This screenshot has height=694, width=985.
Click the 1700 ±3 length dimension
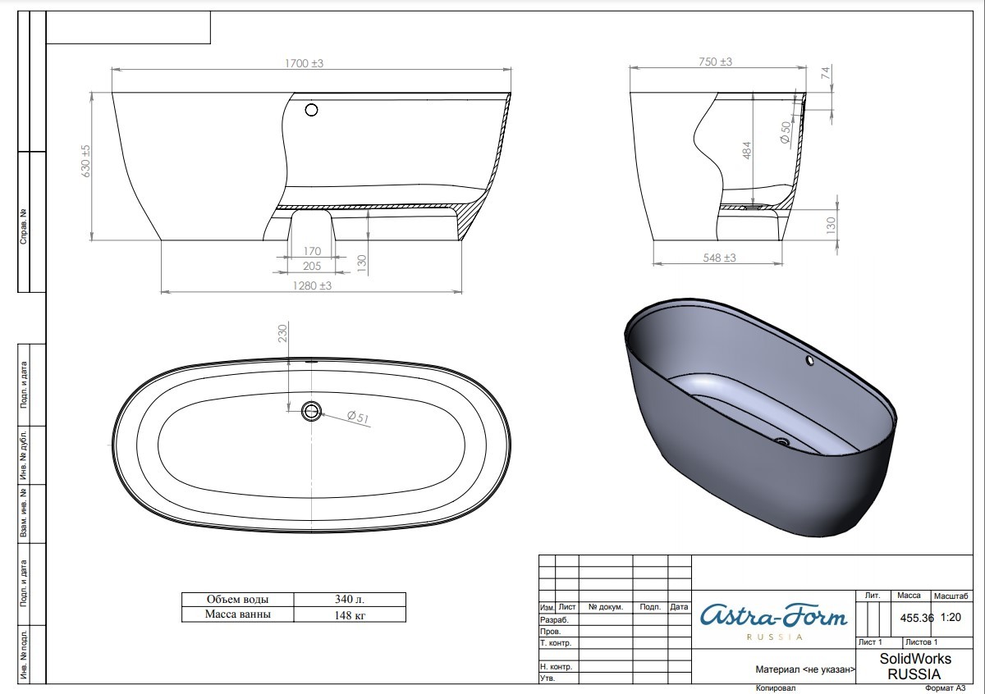click(x=304, y=63)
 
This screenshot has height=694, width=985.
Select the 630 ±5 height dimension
click(x=85, y=161)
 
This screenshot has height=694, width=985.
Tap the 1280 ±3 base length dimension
click(x=312, y=285)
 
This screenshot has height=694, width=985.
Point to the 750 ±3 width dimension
click(x=716, y=62)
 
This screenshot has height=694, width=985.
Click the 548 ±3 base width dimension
click(x=719, y=258)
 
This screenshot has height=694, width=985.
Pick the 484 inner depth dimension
click(x=747, y=150)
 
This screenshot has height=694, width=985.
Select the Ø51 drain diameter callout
click(x=358, y=417)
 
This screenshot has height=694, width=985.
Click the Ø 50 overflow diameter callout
click(x=786, y=132)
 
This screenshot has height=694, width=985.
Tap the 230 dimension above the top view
click(x=282, y=333)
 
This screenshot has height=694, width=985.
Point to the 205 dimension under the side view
click(x=312, y=266)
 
